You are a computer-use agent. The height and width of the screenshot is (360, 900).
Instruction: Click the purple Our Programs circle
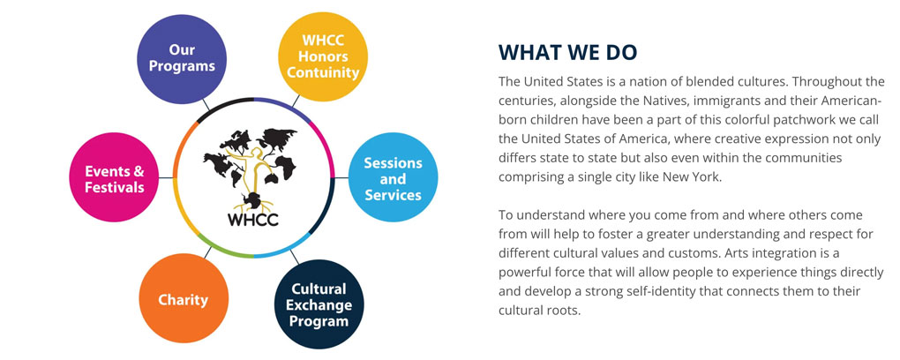(182, 59)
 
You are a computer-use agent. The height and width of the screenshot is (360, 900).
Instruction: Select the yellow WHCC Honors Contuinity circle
(323, 56)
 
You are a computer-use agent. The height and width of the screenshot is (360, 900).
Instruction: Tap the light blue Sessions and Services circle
(394, 177)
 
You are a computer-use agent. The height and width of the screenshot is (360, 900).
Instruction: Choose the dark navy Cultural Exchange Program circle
(319, 304)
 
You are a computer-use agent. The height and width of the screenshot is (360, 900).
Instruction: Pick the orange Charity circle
(184, 298)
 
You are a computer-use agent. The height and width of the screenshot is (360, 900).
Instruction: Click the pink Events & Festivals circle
(114, 177)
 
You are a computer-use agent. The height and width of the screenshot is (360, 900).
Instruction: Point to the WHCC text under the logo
(252, 220)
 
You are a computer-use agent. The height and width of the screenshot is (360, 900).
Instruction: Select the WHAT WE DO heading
(567, 53)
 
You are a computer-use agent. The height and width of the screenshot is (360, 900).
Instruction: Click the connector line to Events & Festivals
(166, 177)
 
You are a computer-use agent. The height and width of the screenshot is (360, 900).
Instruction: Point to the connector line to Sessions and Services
(341, 177)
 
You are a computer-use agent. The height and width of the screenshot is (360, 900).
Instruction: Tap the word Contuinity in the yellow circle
(323, 73)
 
